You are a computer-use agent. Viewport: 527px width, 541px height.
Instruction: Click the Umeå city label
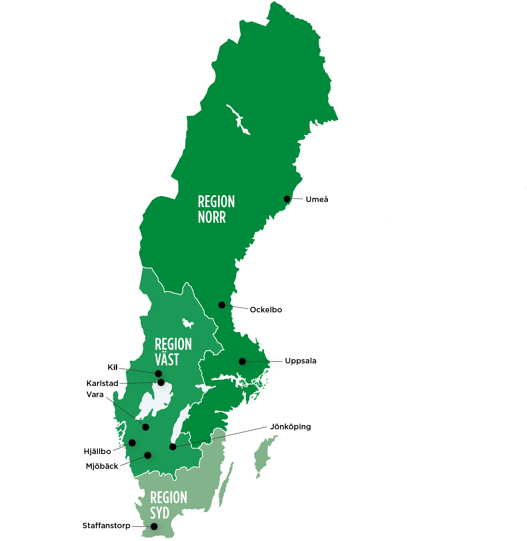pos(317,199)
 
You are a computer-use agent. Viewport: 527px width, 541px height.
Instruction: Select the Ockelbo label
pos(266,310)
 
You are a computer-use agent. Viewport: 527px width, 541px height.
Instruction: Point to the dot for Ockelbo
pos(222,305)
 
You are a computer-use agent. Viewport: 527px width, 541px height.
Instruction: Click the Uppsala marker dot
pos(242,361)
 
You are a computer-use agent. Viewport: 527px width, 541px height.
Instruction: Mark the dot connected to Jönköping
pos(173,447)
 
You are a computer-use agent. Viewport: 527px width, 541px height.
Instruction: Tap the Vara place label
pos(95,394)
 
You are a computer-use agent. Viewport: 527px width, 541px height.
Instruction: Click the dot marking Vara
pos(146,427)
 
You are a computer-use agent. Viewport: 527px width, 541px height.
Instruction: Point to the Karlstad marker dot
pos(161,382)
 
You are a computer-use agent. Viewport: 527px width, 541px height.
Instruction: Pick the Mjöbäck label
pos(102,466)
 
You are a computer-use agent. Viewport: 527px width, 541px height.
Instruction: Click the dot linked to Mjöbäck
pos(148,455)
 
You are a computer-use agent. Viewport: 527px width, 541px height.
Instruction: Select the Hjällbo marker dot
pos(132,443)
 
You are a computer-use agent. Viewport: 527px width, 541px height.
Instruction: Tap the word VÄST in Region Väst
pos(167,360)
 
